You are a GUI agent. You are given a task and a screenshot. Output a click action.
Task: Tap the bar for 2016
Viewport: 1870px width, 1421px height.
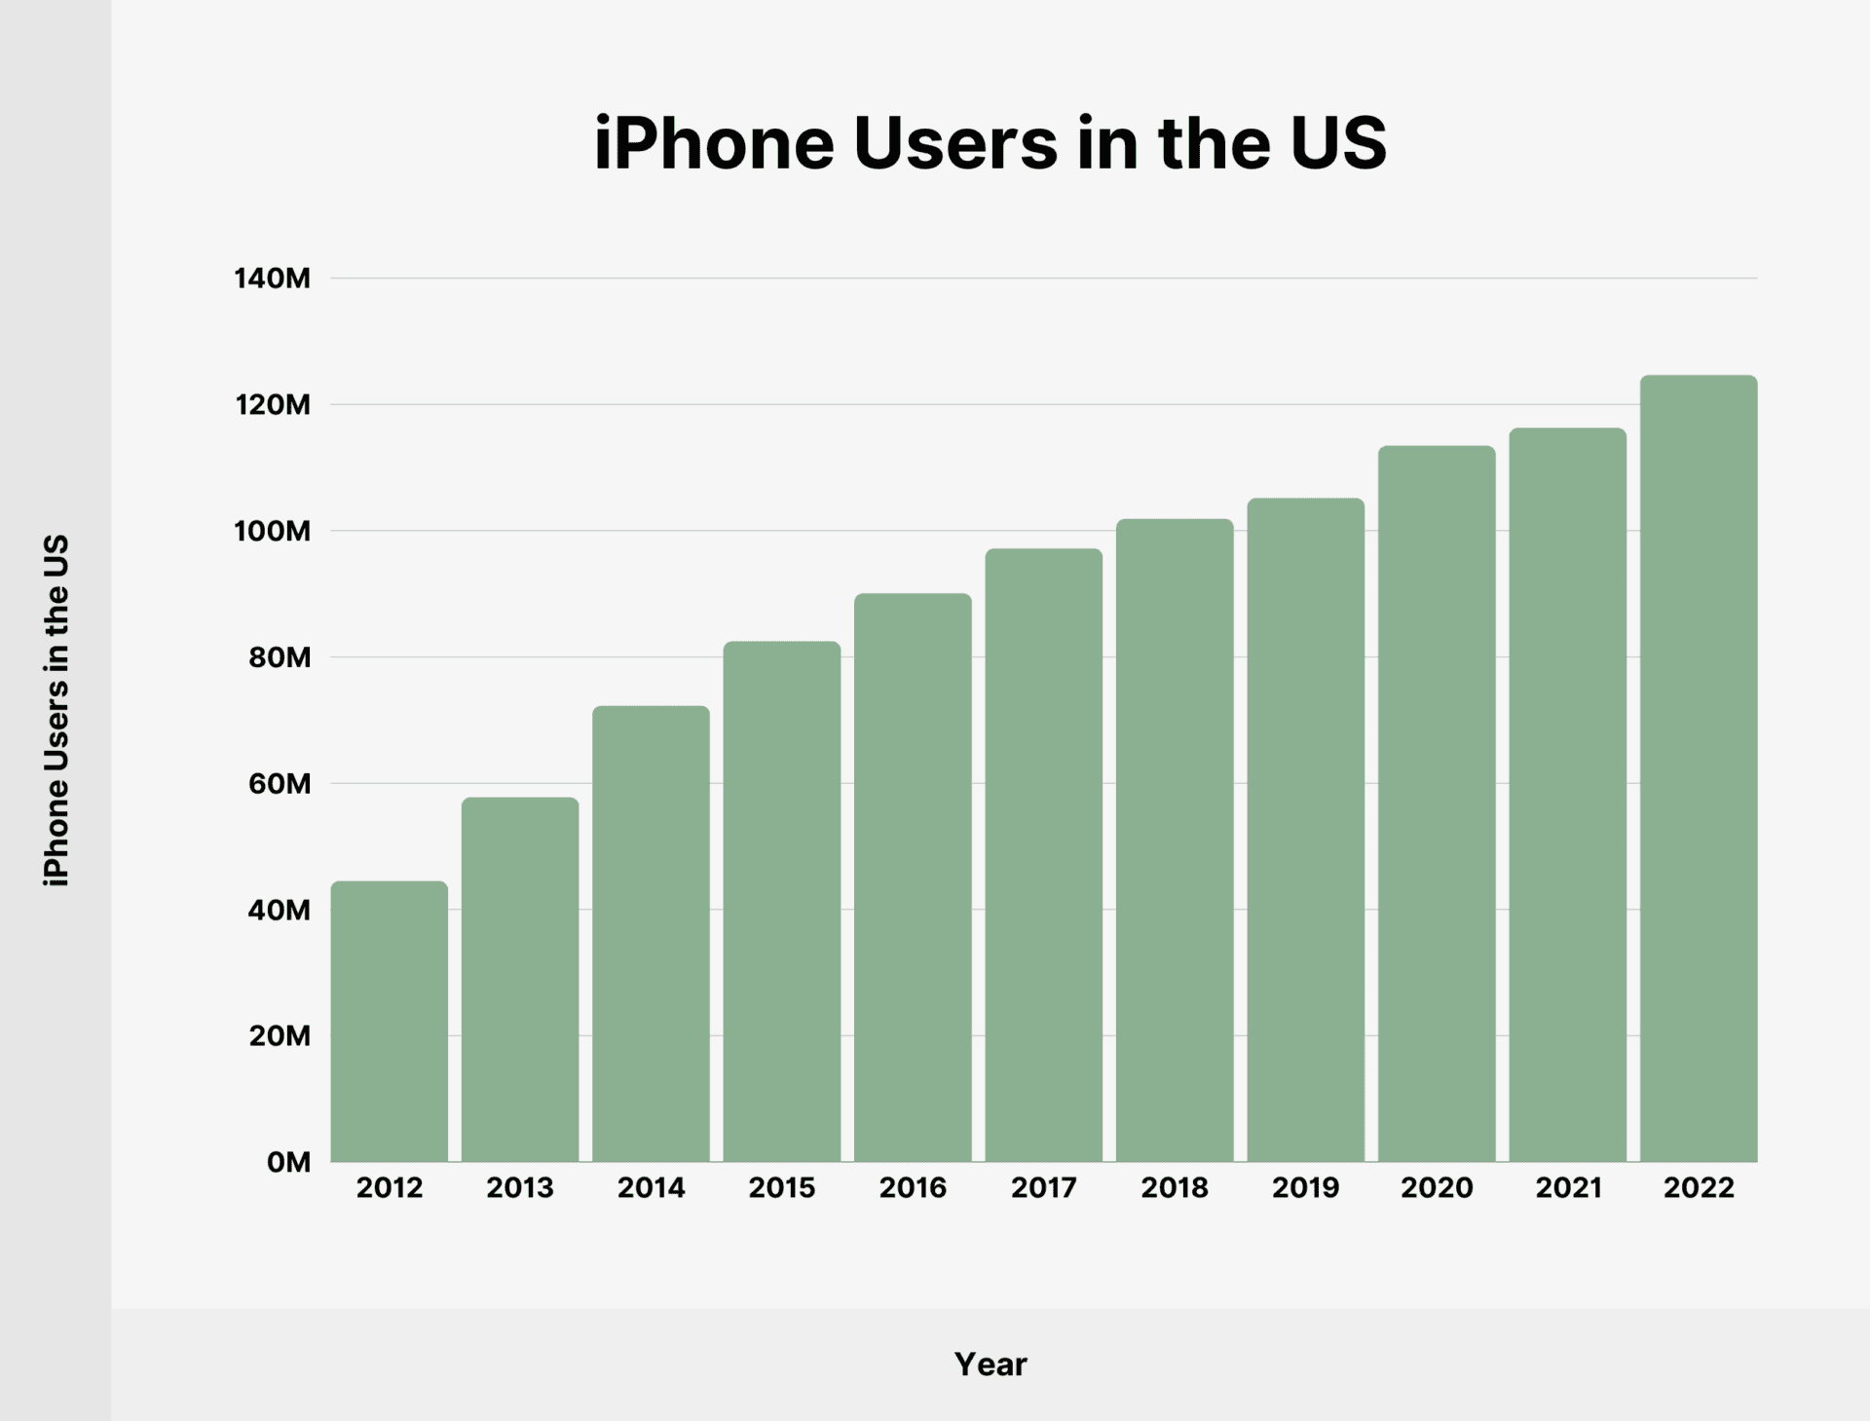pos(913,877)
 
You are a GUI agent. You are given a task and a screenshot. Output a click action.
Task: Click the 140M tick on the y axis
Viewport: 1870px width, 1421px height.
pos(272,279)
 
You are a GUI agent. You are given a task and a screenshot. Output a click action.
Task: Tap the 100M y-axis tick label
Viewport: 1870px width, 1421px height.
pos(272,531)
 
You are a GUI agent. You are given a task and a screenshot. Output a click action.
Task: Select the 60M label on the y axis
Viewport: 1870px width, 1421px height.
pos(279,783)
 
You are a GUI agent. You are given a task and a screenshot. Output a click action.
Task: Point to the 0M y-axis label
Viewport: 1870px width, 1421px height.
pos(287,1162)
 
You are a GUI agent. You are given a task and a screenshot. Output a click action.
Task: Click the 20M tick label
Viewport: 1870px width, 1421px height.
pos(279,1035)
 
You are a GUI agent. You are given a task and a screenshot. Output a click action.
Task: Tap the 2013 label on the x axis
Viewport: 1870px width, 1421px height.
pos(520,1188)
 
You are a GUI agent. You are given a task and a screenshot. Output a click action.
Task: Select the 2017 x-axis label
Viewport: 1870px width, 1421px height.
pos(1043,1188)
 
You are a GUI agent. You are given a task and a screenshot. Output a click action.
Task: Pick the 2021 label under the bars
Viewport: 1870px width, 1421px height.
pos(1568,1188)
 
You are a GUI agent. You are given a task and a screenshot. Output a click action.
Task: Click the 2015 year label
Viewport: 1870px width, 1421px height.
pos(781,1188)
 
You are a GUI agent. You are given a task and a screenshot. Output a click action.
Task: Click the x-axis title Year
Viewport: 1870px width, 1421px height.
pos(990,1365)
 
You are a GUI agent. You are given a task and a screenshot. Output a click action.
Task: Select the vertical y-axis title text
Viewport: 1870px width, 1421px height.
pos(56,710)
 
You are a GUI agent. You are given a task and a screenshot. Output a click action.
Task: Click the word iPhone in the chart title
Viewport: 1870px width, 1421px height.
pos(714,144)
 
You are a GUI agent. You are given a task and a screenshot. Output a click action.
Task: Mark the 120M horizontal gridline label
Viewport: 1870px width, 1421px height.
pos(272,404)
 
